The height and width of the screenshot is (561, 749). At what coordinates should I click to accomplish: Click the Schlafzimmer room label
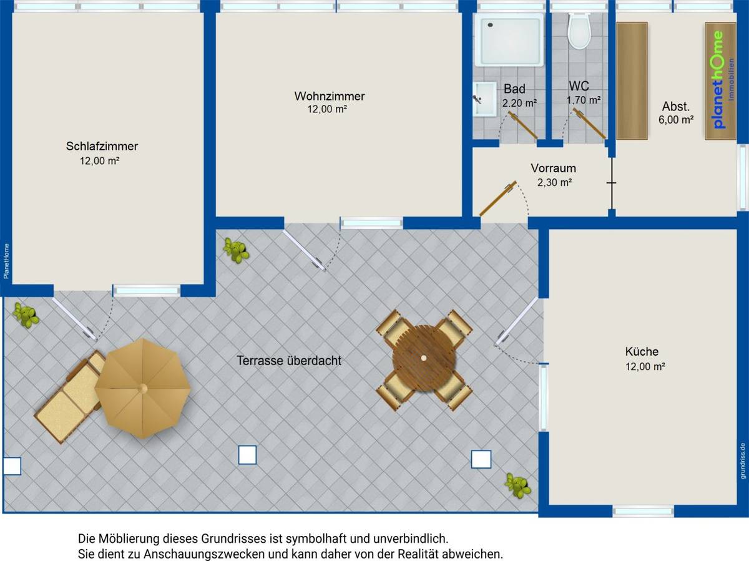pos(102,146)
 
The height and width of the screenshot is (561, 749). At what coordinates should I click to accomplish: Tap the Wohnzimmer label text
pos(330,96)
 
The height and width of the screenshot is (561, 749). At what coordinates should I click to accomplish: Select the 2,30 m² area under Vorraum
pos(554,182)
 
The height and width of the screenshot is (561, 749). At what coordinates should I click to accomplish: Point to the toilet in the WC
pos(579,31)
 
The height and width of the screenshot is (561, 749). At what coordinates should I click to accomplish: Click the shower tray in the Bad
pos(509,40)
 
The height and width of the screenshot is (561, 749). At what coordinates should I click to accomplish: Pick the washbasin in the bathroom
pos(484,99)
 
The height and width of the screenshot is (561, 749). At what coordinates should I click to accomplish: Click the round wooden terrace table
pos(424,358)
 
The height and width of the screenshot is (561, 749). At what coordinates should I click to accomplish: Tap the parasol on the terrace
pos(143,388)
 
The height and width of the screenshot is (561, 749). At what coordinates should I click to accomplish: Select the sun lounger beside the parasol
pos(70,398)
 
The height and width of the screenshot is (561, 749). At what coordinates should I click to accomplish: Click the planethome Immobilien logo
pos(721,80)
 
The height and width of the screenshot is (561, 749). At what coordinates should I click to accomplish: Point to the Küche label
pos(642,351)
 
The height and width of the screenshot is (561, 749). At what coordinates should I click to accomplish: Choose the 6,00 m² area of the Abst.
pos(675,120)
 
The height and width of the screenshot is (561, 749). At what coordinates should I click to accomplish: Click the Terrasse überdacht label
pos(289,361)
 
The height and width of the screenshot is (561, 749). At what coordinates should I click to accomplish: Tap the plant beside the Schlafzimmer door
pos(26,315)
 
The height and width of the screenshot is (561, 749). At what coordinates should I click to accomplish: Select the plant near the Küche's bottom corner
pos(518,485)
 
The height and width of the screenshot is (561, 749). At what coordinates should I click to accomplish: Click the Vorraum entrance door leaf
pos(498,199)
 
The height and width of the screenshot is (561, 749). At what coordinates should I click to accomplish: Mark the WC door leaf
pos(589,123)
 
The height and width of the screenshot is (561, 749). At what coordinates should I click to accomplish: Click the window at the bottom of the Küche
pos(643,511)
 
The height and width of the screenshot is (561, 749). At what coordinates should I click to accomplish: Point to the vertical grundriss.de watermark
pos(743,461)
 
